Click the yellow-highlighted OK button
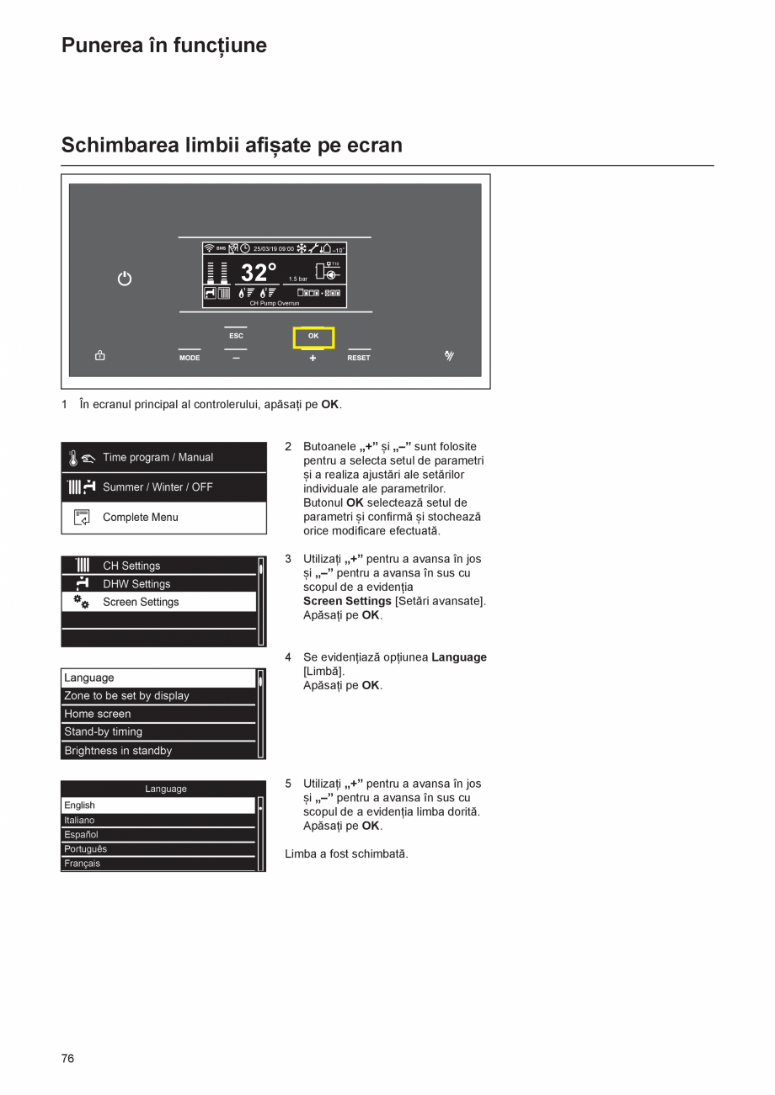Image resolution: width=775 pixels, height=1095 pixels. [313, 337]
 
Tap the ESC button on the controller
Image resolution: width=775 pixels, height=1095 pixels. [236, 336]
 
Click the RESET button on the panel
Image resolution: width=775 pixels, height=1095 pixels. [359, 357]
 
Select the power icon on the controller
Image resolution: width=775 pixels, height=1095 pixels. [125, 279]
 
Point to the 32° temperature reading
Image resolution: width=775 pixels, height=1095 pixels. [259, 273]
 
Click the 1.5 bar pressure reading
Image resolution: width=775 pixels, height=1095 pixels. [298, 279]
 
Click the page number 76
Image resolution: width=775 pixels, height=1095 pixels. [67, 1059]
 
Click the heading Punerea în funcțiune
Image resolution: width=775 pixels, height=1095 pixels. [164, 45]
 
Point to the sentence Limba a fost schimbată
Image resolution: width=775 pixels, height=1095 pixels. [346, 854]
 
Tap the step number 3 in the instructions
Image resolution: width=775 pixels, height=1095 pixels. [288, 559]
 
